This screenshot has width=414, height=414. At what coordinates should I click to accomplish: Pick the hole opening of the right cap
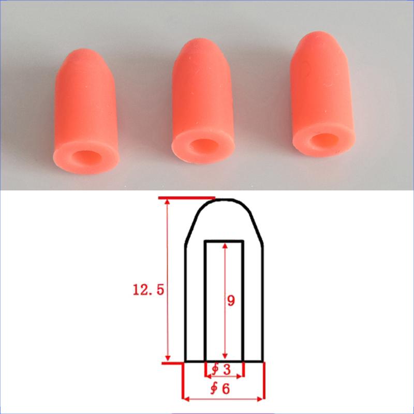pos(324,140)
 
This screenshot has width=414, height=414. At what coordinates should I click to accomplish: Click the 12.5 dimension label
pos(148,290)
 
